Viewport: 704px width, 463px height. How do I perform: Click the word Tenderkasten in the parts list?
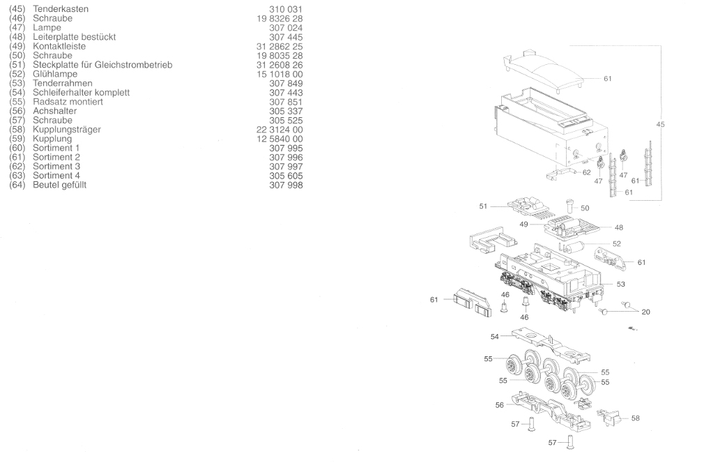click(61, 9)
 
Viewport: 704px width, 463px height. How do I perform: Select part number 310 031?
click(286, 10)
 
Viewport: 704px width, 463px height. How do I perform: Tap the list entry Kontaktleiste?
click(59, 46)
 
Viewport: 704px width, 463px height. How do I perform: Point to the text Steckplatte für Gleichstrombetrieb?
click(102, 65)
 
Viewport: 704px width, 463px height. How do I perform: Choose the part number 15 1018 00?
click(280, 74)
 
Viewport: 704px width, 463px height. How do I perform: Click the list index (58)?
click(17, 129)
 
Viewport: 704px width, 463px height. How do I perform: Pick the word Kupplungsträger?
click(67, 129)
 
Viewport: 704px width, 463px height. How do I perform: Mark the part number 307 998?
click(286, 185)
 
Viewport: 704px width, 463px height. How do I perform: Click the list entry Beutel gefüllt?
click(60, 185)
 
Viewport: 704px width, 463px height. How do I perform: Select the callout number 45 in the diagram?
click(660, 124)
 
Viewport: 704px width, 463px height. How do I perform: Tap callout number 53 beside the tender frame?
click(620, 284)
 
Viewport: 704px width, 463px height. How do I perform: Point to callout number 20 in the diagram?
click(645, 312)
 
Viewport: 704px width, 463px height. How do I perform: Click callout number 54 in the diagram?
click(494, 336)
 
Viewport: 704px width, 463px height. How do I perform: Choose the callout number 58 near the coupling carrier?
click(635, 418)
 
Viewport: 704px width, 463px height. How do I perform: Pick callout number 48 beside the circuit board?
click(619, 227)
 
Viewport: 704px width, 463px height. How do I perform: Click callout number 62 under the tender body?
click(586, 172)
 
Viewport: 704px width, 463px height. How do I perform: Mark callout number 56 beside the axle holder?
click(499, 405)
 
